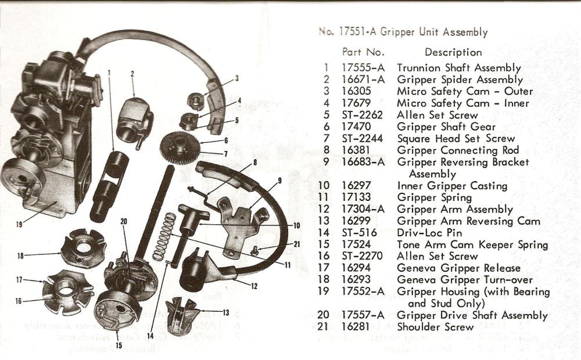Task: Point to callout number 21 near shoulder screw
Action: tap(297, 244)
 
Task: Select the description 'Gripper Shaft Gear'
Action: tap(446, 127)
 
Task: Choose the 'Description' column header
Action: tap(453, 52)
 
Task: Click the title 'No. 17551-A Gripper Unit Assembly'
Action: tap(403, 32)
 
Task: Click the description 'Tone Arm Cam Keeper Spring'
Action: tap(472, 244)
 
